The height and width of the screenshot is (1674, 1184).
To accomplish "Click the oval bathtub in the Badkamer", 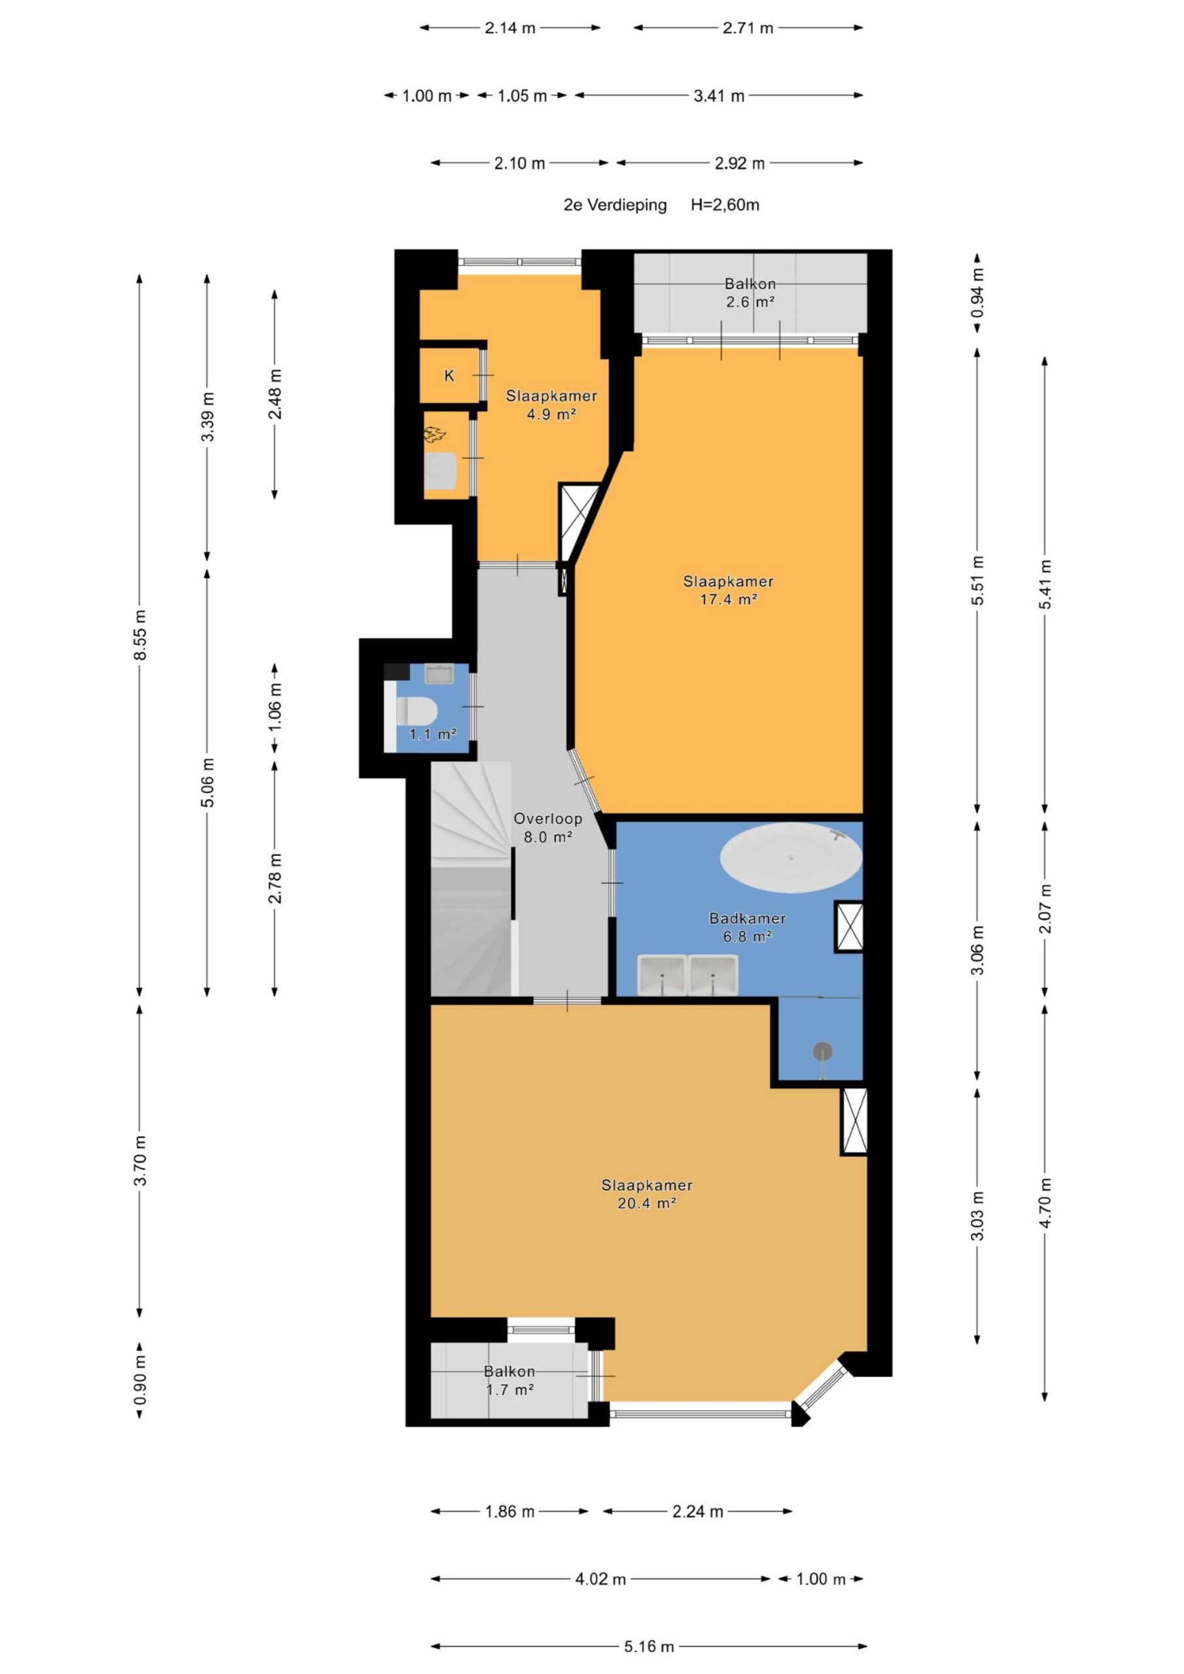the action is [x=791, y=857].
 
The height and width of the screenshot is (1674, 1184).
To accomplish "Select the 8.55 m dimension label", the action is [x=140, y=634].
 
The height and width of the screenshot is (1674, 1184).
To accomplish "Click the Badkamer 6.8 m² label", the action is [x=747, y=927].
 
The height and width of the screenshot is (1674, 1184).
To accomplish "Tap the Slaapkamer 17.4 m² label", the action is [x=727, y=590].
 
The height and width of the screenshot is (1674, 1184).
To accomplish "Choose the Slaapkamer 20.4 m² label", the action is [x=646, y=1194].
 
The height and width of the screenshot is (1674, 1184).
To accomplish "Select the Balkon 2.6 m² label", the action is [x=749, y=292].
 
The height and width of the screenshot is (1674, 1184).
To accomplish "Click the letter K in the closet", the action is [x=449, y=375].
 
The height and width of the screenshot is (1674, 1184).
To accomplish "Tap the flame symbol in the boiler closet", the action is [x=435, y=435].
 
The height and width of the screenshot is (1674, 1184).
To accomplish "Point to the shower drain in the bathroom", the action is [x=823, y=1051].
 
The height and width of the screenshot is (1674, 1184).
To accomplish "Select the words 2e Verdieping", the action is [x=615, y=205].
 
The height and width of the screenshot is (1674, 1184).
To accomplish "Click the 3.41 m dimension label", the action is [x=718, y=95].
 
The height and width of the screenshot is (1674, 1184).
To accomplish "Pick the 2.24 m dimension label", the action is [x=697, y=1511].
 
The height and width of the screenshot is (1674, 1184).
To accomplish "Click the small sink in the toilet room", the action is [x=439, y=674].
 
